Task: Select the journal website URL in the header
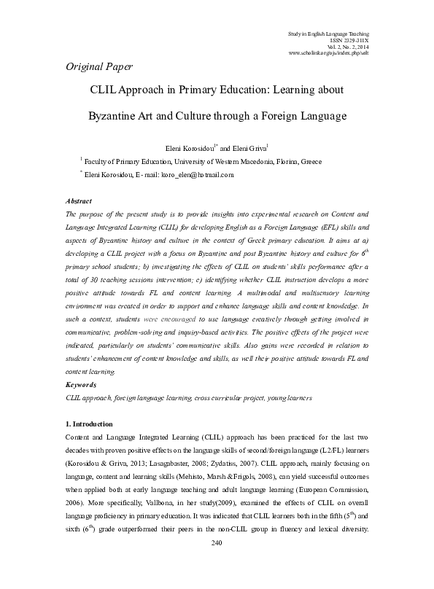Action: click(329, 53)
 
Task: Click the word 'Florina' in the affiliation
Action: click(283, 161)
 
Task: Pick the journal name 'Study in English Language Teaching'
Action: click(329, 34)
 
